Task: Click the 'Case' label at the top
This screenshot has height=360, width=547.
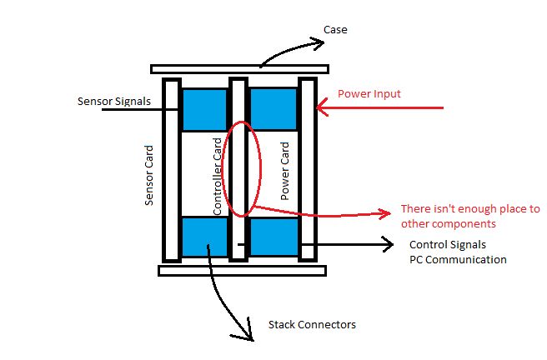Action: [335, 30]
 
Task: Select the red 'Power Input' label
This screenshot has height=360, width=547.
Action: [369, 94]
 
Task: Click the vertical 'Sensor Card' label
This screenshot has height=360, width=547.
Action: [150, 175]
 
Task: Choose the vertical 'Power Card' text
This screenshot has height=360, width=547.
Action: [285, 171]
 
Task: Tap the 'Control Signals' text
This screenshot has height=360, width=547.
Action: [447, 245]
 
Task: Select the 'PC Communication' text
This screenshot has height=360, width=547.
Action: [457, 259]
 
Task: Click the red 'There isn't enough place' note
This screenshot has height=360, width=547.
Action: [470, 216]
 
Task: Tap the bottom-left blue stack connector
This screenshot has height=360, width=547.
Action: [204, 237]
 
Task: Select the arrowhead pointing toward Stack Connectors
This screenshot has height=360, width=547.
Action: [248, 333]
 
